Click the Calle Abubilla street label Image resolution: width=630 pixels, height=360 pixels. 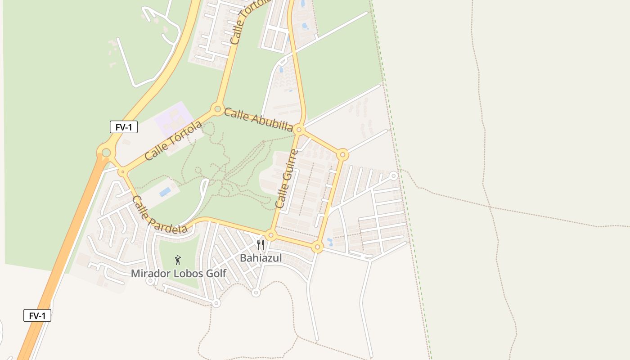point(258,119)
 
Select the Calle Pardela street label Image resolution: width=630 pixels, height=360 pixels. point(159,215)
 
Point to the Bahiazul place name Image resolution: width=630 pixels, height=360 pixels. point(261,258)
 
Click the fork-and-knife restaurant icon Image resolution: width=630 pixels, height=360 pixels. point(261,245)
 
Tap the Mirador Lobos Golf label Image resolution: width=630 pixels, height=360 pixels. point(178,273)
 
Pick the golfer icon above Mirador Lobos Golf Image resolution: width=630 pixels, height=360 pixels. point(178,260)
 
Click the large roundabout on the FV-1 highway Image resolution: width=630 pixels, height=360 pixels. point(106,153)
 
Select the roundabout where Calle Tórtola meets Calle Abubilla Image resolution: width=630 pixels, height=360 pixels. point(218,109)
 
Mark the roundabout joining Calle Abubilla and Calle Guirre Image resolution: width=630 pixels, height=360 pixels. point(299,130)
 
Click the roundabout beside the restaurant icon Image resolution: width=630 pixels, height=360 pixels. point(270,235)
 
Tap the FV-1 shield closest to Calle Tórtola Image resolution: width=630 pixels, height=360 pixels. point(124,127)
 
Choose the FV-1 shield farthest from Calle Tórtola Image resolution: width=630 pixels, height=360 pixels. point(37,315)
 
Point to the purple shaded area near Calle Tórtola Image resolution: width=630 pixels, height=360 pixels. point(174,116)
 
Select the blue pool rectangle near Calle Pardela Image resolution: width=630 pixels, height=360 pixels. point(165,192)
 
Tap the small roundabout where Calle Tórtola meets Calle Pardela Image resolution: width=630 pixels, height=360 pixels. point(122,171)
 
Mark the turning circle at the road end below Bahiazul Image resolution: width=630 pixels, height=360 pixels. point(256,293)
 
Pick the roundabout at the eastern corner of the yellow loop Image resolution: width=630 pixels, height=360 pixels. point(342,155)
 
